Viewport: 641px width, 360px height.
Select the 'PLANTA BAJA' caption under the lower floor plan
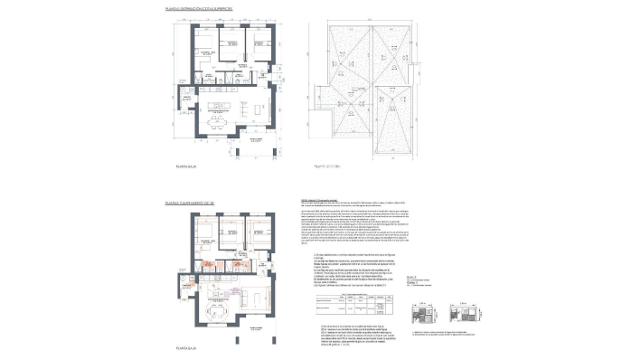coord(186,346)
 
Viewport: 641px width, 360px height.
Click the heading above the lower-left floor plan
coord(188,205)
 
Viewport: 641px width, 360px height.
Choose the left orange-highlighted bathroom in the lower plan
coord(205,267)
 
